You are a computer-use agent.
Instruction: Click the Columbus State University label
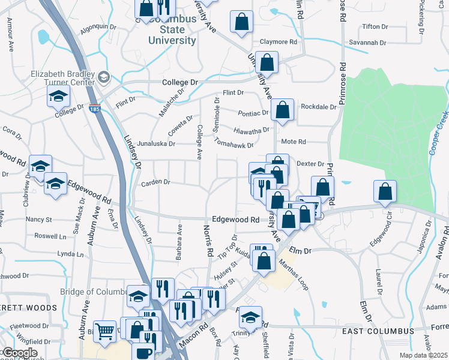[x=173, y=30]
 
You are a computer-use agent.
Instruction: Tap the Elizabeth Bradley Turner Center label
[x=63, y=76]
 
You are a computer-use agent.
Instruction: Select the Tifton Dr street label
[x=376, y=27]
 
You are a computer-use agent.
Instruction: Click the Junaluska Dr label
[x=156, y=144]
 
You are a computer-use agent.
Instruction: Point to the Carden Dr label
[x=155, y=182]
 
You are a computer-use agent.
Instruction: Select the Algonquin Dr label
[x=98, y=27]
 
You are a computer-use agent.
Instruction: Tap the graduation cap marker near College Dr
[x=59, y=96]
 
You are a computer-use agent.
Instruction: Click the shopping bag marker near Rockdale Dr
[x=281, y=110]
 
